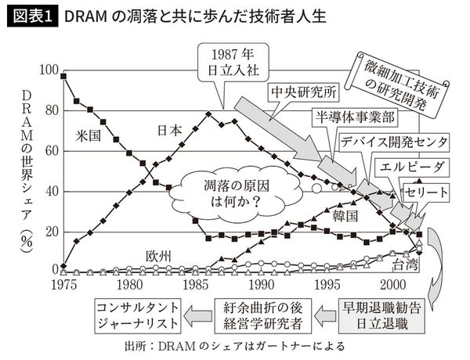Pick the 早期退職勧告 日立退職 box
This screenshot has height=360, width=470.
pyautogui.click(x=381, y=311)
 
